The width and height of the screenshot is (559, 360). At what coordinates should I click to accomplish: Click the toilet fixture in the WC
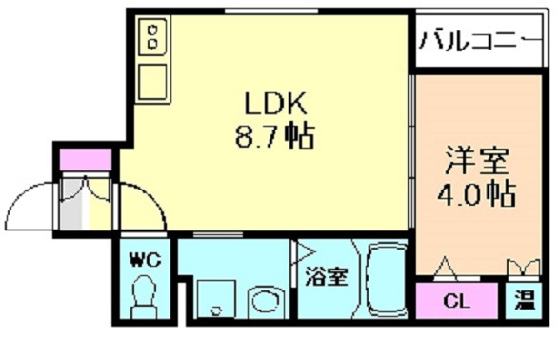[x=145, y=297]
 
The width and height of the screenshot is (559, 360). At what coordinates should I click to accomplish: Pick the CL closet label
[x=457, y=302]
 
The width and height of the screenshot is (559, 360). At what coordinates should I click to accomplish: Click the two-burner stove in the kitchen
[x=152, y=38]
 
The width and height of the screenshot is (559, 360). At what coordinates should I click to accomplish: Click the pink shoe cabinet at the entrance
[x=73, y=159]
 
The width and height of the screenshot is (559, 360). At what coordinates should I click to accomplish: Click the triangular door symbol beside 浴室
[x=304, y=252]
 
